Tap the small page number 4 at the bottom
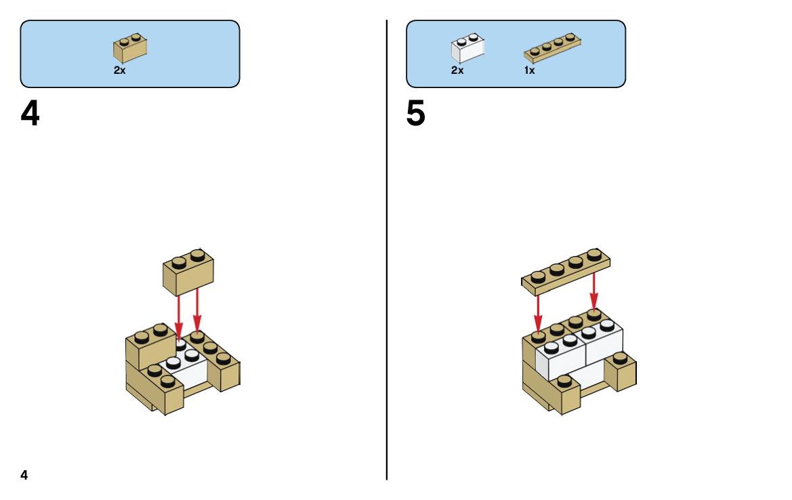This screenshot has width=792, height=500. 24,475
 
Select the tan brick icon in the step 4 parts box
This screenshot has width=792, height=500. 130,47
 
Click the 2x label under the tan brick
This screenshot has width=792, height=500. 119,71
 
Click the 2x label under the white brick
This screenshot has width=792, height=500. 457,71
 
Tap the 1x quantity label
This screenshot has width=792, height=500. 529,71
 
